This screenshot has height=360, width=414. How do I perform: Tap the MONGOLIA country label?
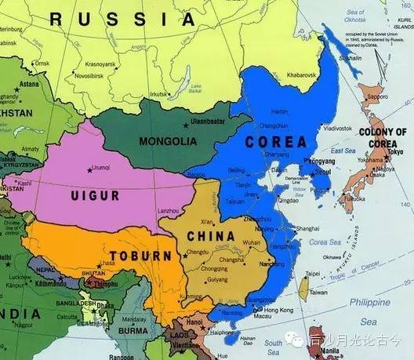tap(166, 141)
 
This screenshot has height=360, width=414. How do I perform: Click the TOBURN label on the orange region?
tap(140, 256)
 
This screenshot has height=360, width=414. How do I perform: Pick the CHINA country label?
tap(209, 235)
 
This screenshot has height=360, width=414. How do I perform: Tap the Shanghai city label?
tap(310, 229)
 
